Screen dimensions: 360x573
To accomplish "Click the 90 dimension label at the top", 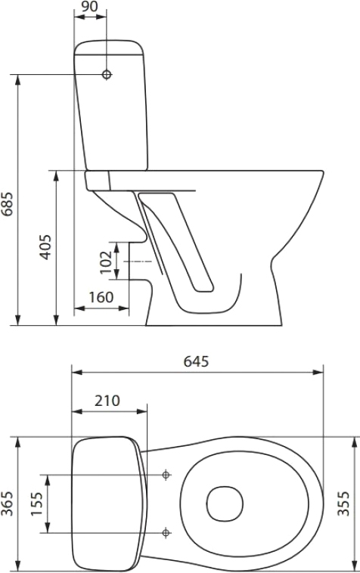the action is (x=89, y=6).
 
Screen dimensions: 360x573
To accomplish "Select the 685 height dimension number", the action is (x=8, y=204).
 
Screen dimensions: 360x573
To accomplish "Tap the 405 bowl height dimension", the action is (x=46, y=247).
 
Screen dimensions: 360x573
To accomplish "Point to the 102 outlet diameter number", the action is (x=106, y=262).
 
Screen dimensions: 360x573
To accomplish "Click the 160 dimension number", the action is (x=101, y=298).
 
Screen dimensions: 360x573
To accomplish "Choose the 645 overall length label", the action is (x=197, y=361).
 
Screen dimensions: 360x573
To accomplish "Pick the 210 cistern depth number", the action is (x=107, y=401).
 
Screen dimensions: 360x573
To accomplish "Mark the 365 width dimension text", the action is (x=8, y=503).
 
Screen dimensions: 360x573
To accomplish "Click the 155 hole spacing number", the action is (x=36, y=503).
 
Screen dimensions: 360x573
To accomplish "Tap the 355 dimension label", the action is (x=343, y=503).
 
